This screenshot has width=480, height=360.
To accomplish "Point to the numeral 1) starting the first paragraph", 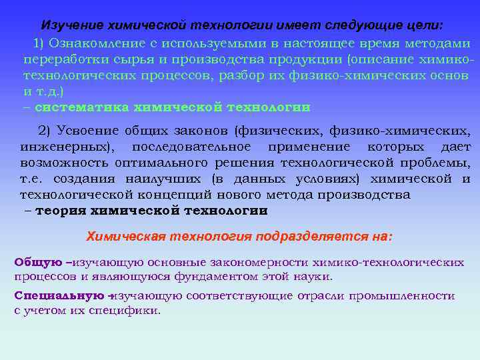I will (x=38, y=43).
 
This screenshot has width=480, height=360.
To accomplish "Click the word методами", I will (x=438, y=43).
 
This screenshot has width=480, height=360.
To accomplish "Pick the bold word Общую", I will (x=38, y=261).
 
